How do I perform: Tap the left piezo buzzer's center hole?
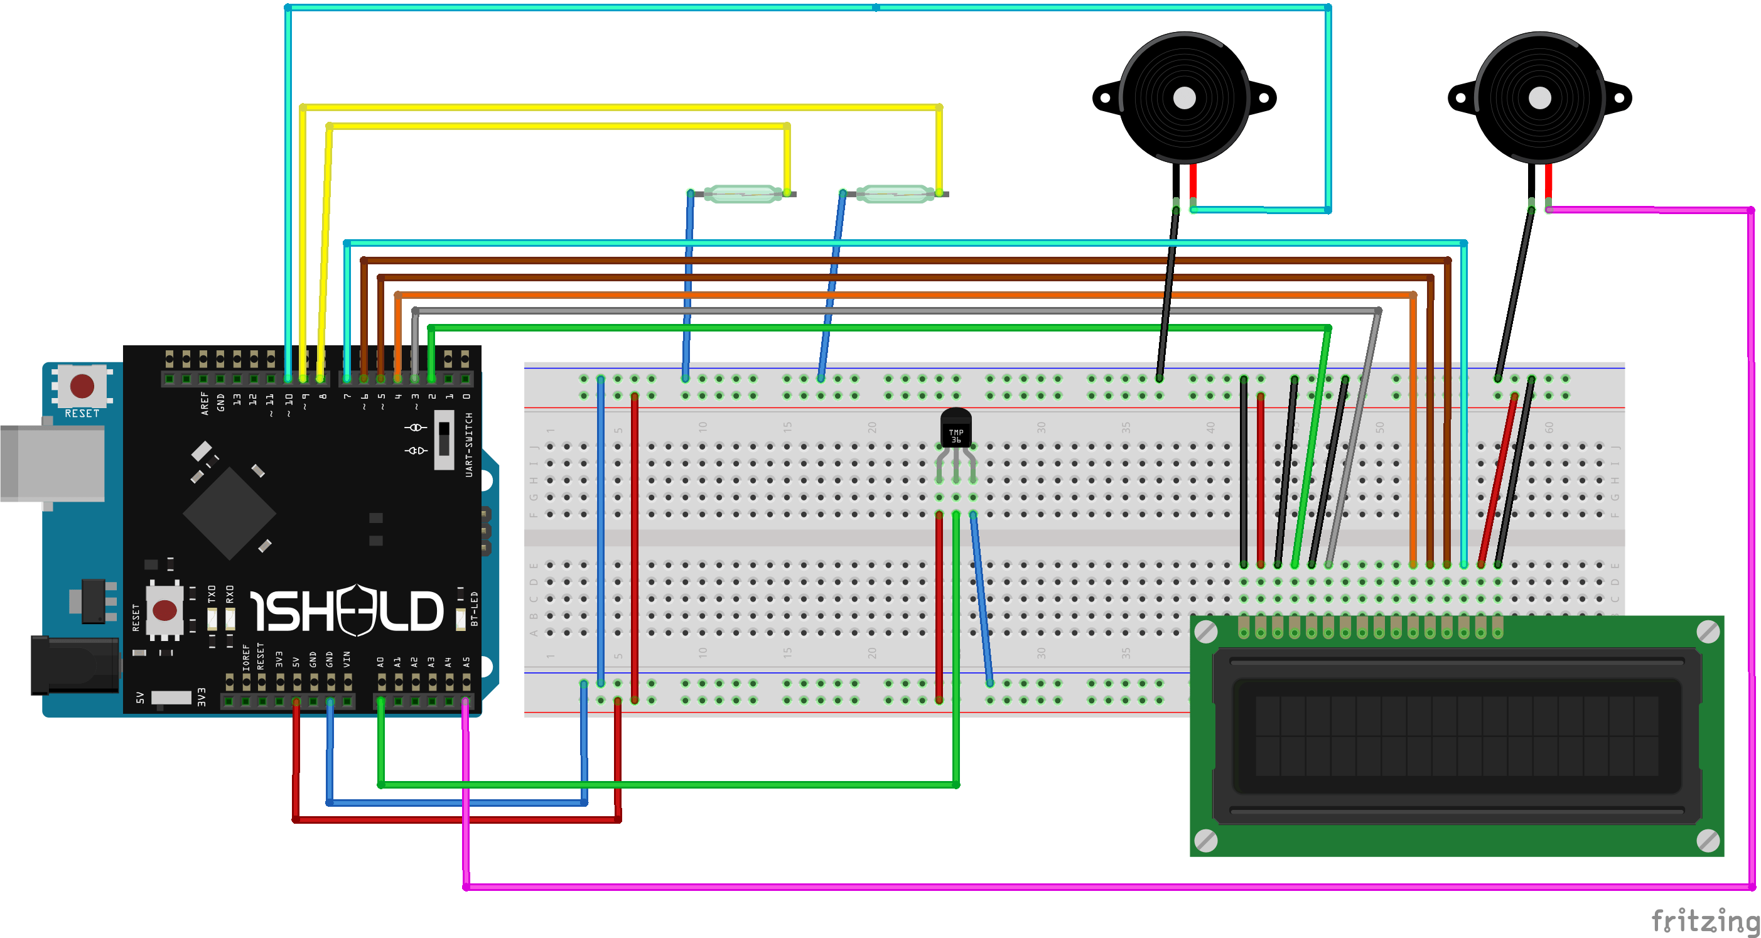coord(1184,98)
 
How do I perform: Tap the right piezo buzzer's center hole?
coord(1539,98)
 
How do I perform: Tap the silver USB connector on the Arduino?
coord(52,463)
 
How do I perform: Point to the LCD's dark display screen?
coord(1456,736)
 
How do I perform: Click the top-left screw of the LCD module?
coord(1206,631)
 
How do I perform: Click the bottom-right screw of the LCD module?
coord(1708,840)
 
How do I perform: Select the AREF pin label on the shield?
coord(203,403)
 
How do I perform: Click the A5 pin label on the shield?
coord(466,662)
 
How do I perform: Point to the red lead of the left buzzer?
coord(1193,180)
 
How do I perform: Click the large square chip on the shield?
coord(230,513)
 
